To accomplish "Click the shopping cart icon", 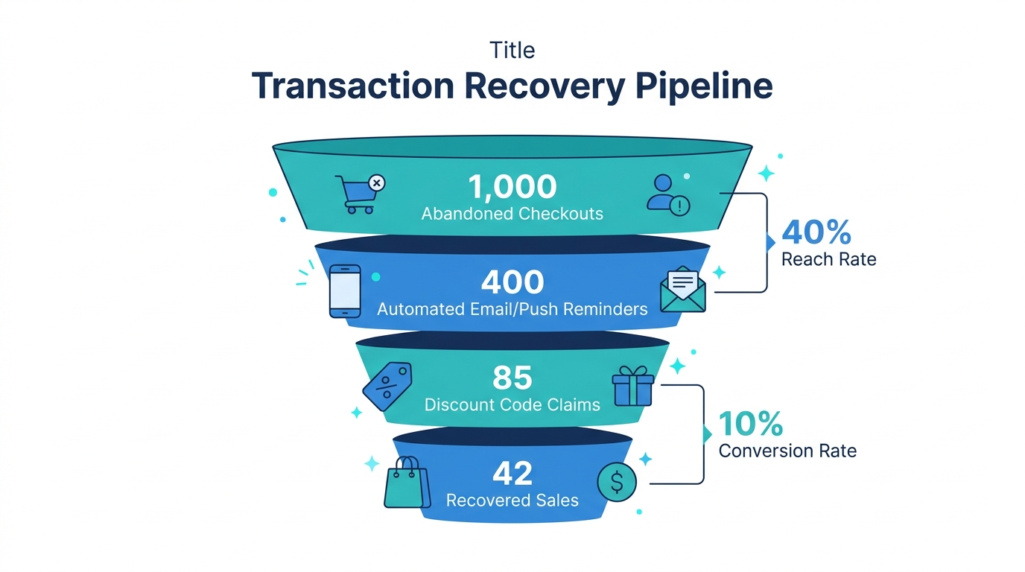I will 355,194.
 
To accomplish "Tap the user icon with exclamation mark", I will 667,195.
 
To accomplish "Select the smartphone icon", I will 344,291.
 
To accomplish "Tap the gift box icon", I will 632,386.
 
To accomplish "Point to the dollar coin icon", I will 617,482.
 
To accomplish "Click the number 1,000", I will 512,186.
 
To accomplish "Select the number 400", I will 512,282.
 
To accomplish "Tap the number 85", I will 512,378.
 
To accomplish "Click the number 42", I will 512,474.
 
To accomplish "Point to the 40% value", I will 816,232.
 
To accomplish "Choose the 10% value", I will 750,424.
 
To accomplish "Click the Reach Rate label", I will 828,259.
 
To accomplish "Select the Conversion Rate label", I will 787,451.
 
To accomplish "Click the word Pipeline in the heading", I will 704,86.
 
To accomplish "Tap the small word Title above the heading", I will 512,50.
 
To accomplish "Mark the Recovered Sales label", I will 512,500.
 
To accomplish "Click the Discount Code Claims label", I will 512,405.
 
